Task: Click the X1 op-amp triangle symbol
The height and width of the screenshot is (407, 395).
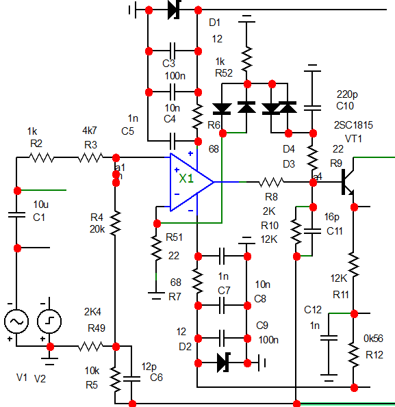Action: coord(192,182)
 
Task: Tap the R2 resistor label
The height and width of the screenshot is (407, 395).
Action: coord(36,143)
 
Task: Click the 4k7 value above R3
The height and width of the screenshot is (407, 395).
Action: coord(90,131)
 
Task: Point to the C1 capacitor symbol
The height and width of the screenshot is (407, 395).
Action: coord(16,215)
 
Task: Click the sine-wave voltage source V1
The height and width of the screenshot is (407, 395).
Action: coord(16,321)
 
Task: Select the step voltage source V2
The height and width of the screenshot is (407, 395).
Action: coord(49,321)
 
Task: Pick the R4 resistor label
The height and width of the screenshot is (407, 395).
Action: coord(97,217)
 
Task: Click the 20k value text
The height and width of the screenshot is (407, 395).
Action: coord(97,229)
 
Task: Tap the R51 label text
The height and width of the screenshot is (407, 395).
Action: coord(174,237)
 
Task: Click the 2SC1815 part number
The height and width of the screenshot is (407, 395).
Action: coord(353,125)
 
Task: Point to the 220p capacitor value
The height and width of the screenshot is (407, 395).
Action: coord(347,94)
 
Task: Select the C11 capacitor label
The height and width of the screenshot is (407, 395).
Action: coord(335,231)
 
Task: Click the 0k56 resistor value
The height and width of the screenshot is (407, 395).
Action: coord(373,339)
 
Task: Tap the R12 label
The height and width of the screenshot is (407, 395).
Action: coord(374,355)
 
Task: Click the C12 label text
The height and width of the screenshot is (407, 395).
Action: coord(313,310)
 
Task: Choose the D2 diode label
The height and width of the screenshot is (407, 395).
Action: coord(185,347)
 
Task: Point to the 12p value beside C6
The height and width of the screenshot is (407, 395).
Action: coord(149,367)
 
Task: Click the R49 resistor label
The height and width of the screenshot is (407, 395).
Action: coord(97,328)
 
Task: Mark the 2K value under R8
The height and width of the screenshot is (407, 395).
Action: coord(269,211)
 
